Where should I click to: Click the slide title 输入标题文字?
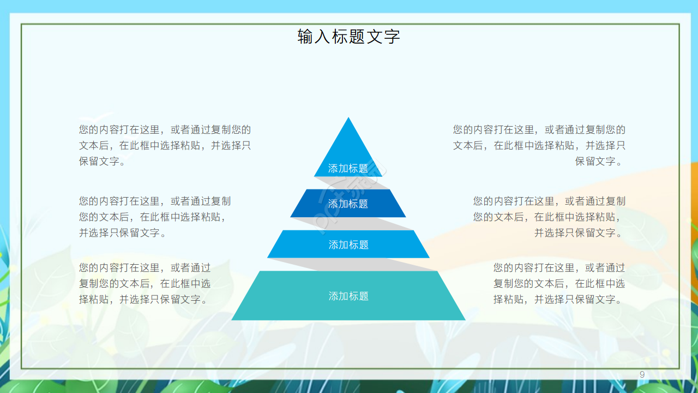point(348,37)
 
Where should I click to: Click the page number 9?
point(642,374)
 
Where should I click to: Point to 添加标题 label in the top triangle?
point(348,168)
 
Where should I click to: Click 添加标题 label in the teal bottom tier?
point(348,296)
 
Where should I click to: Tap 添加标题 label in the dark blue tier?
point(348,204)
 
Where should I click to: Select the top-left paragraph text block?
point(165,146)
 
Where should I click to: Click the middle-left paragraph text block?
point(155,217)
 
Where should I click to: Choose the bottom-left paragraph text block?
point(145,283)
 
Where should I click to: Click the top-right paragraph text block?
point(539,146)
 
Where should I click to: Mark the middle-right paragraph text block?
point(549,217)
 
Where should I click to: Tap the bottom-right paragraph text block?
point(559,283)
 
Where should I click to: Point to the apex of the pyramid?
point(348,119)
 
